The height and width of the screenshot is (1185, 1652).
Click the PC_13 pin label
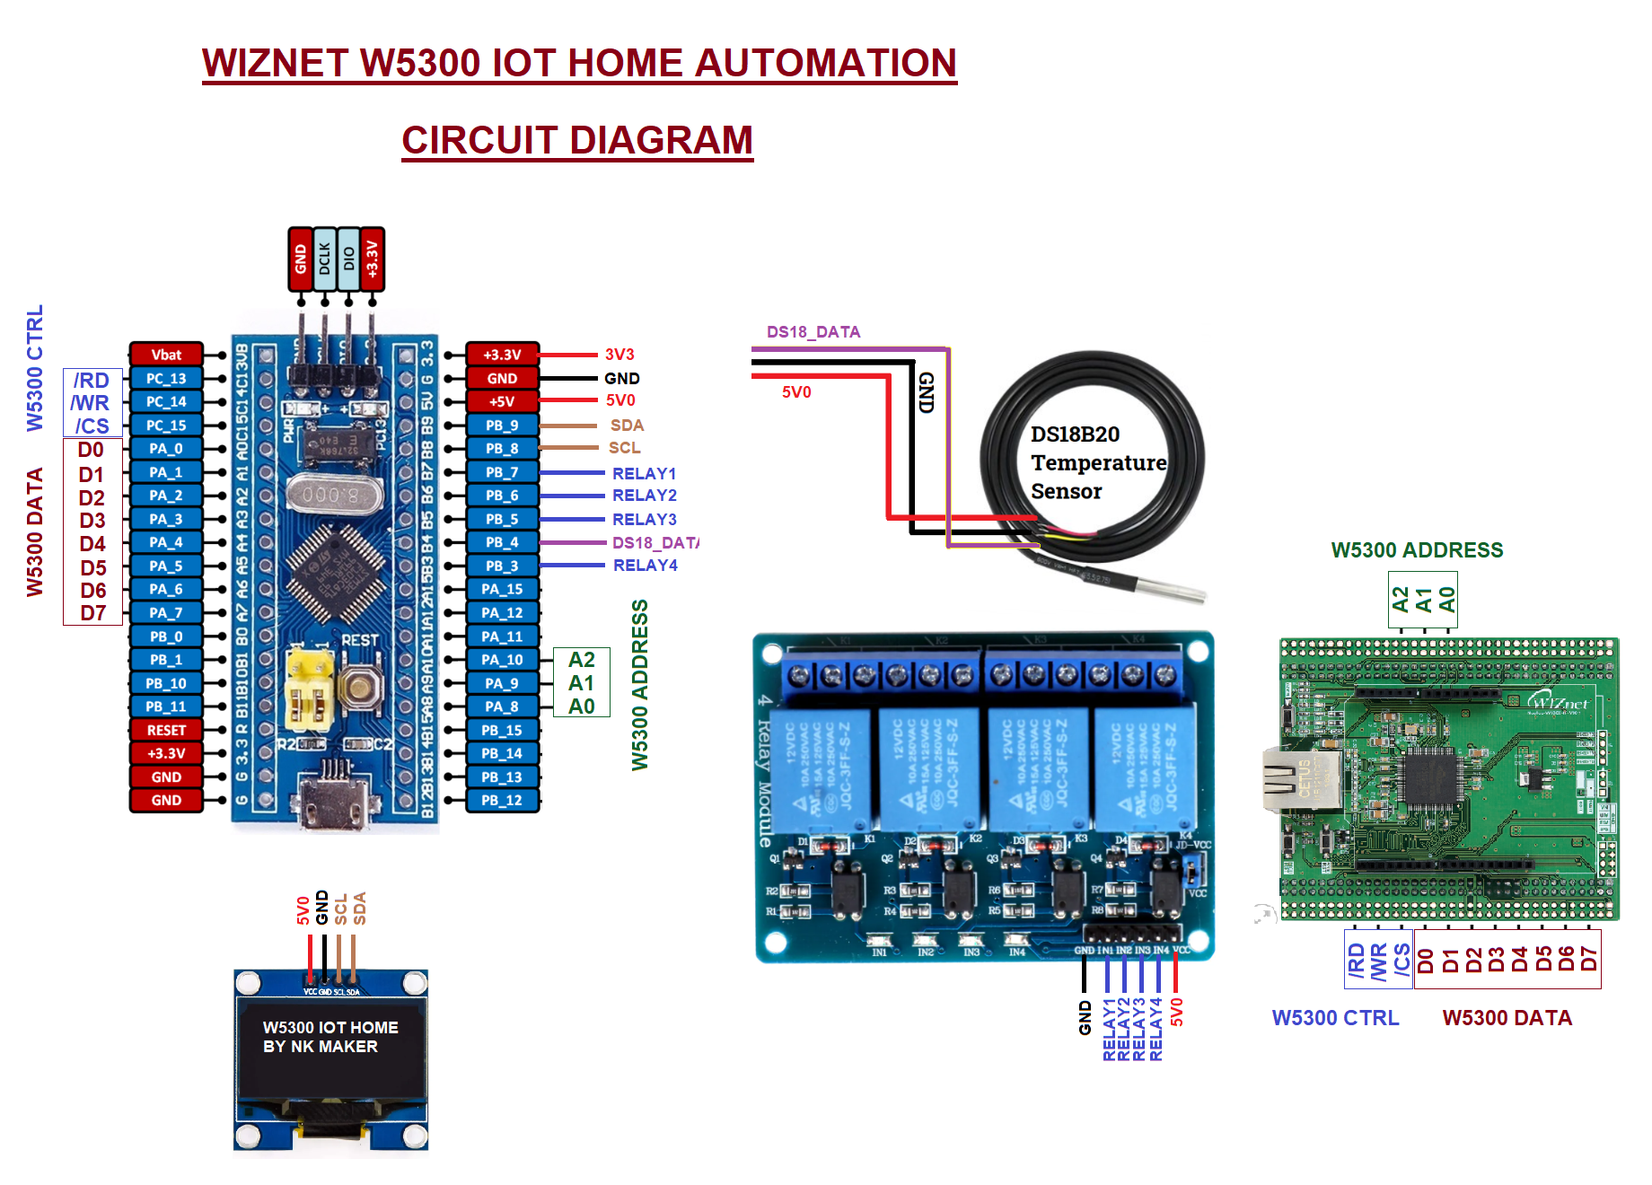coord(166,378)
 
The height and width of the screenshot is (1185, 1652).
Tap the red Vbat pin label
coord(166,355)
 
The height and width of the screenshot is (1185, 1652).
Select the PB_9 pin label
coord(502,425)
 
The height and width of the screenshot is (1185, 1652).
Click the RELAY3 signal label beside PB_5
coord(644,519)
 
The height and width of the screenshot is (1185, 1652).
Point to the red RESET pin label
coord(166,730)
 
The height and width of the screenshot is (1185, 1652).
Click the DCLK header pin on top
coord(324,259)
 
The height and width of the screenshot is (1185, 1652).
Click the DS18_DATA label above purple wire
coord(813,332)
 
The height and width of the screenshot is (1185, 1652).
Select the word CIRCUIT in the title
coord(479,140)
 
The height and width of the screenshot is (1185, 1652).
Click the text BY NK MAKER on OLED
coord(320,1047)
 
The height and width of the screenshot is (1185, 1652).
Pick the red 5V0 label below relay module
coord(1177,1012)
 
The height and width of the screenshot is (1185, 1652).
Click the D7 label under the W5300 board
coord(1588,960)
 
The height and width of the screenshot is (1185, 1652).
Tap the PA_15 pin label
coord(502,589)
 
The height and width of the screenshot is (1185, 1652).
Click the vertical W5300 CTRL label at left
coord(35,368)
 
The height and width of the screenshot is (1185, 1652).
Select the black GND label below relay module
coord(1085,1018)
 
